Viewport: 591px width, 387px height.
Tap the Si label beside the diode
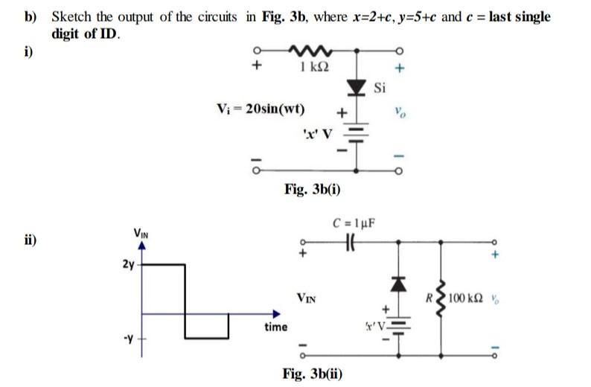[x=380, y=89]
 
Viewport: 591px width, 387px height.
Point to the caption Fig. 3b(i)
[x=313, y=189]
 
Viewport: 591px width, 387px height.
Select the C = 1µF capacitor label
[x=360, y=221]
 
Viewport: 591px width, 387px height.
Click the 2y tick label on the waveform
[x=127, y=263]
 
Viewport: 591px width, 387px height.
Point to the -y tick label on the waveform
[x=128, y=341]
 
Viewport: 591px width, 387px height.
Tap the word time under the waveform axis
[x=276, y=327]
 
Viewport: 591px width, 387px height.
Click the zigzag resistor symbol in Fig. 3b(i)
[x=306, y=52]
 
